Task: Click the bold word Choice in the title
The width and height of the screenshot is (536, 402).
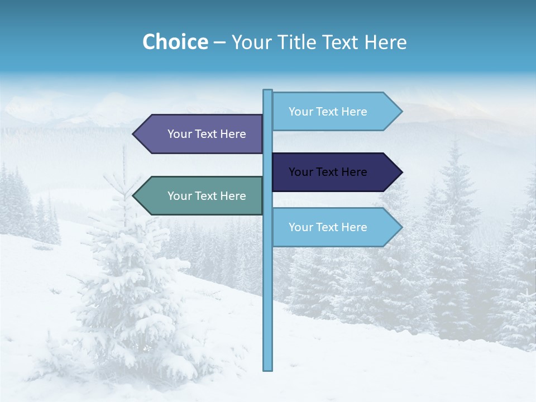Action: (175, 42)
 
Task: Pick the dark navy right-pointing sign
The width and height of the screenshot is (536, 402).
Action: (332, 172)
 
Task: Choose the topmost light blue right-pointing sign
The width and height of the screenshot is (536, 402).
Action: (332, 111)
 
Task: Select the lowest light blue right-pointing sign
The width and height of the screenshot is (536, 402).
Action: (332, 227)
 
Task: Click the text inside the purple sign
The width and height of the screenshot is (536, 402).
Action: (207, 134)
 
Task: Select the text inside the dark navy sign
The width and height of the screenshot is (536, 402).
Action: (328, 172)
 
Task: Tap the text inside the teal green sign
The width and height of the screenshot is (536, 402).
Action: (207, 196)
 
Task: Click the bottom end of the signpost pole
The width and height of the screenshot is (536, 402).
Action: (268, 368)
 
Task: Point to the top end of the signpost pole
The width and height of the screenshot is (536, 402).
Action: (268, 91)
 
